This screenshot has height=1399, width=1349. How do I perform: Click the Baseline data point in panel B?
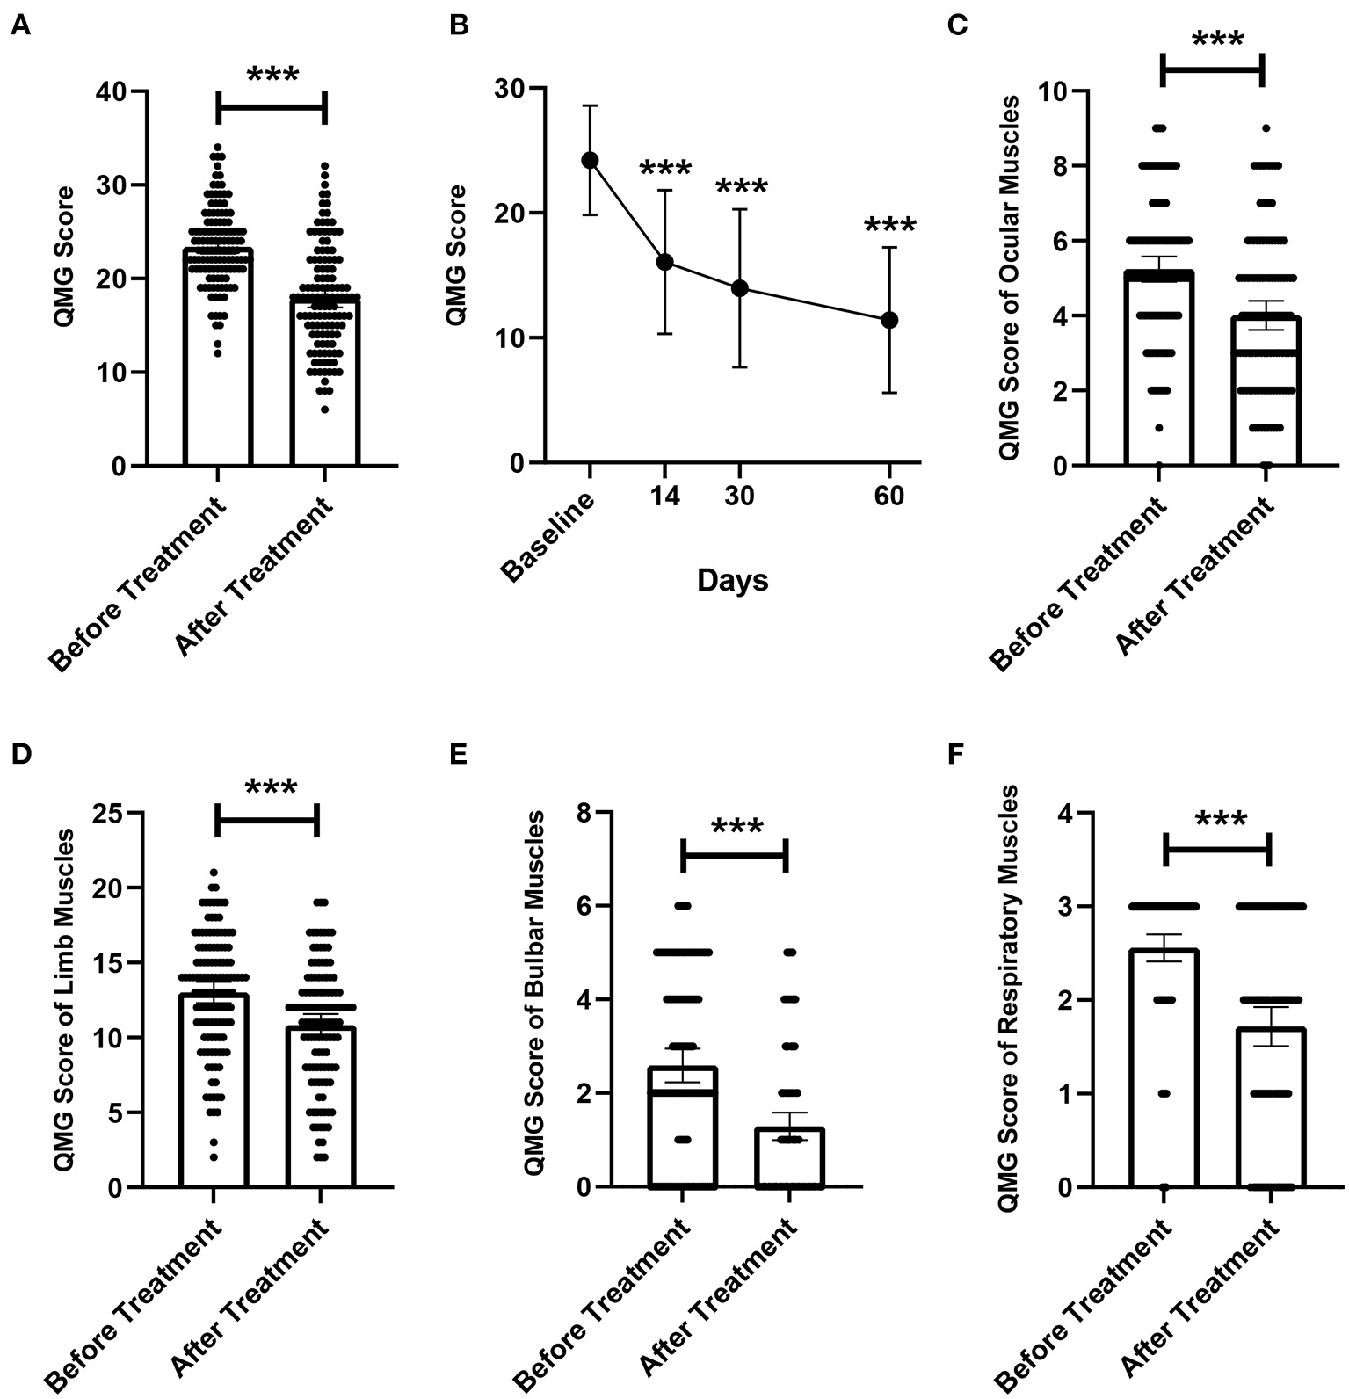(590, 160)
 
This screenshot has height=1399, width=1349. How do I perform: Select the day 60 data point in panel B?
(889, 320)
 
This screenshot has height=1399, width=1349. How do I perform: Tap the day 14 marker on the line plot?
(664, 262)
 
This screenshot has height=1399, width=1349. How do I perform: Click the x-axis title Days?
(732, 581)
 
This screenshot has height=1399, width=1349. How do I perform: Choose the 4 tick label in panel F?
(1066, 813)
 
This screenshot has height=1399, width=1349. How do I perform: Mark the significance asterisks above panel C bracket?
(1217, 40)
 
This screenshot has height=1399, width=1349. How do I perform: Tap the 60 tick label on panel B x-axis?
(889, 497)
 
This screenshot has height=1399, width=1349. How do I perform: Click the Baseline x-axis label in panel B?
(550, 538)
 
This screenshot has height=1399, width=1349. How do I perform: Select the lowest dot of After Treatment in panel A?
(325, 410)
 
